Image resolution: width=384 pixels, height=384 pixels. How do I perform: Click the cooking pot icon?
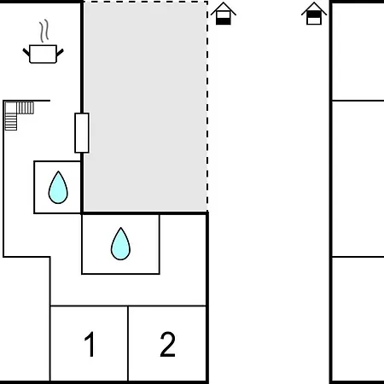[x=43, y=54]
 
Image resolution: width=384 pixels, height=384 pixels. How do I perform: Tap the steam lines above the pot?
[x=44, y=31]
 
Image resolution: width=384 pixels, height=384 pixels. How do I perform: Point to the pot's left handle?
[x=26, y=52]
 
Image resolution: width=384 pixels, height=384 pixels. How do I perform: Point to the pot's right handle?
[x=60, y=52]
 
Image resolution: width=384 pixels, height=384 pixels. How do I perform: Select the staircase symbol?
[x=19, y=115]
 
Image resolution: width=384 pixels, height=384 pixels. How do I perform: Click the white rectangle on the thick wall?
[x=82, y=133]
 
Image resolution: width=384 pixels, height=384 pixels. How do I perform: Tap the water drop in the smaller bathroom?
[x=58, y=187]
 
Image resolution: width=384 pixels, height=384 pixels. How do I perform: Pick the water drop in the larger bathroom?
[x=120, y=244]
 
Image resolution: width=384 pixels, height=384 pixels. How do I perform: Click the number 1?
[x=90, y=344]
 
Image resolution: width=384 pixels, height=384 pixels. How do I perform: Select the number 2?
[x=167, y=344]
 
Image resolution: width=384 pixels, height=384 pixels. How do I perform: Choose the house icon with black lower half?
[x=224, y=14]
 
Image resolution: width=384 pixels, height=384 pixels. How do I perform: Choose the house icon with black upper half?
[x=314, y=14]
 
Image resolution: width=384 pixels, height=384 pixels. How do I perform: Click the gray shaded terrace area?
[x=145, y=107]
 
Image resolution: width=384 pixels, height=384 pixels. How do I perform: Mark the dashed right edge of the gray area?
[x=207, y=107]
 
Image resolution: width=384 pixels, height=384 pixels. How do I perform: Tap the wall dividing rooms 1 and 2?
[x=128, y=344]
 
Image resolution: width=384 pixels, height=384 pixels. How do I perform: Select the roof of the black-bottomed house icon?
[x=224, y=9]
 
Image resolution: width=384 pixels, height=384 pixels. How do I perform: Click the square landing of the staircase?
[x=11, y=108]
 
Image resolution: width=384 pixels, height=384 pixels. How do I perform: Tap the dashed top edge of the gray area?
[x=145, y=2]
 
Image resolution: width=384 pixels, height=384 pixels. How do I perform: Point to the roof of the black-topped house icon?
[x=314, y=9]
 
